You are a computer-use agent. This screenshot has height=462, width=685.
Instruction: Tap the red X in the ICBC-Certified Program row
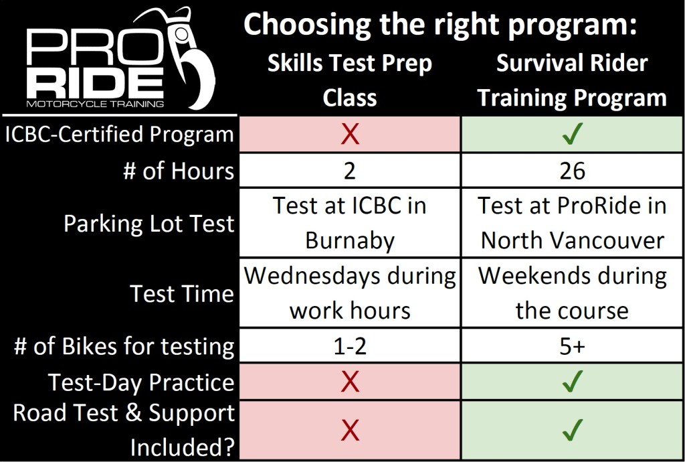point(350,135)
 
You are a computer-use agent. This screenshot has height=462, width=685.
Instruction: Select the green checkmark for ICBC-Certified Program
point(573,135)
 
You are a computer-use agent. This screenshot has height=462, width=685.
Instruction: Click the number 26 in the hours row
point(573,171)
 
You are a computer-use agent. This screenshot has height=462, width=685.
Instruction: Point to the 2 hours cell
point(350,171)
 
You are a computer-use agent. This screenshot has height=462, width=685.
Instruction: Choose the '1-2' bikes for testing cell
point(350,346)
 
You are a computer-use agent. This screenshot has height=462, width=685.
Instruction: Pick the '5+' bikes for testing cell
point(573,346)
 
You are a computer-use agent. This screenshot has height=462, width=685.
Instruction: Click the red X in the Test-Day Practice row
point(350,382)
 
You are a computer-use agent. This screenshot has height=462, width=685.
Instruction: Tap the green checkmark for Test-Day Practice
point(573,382)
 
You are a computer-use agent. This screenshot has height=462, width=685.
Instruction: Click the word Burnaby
point(350,241)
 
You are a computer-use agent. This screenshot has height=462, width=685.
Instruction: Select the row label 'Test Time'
point(182,294)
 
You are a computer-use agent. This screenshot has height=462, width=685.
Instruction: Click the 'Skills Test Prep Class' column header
point(350,80)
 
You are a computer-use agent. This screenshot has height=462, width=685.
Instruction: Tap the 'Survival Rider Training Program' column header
point(573,80)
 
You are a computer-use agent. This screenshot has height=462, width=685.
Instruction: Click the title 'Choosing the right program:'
point(438,25)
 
